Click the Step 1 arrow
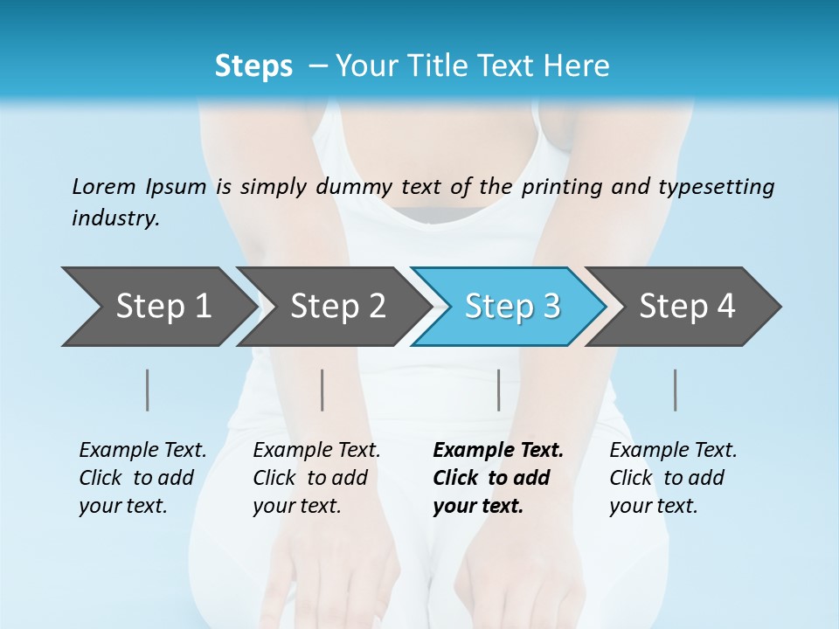click(162, 307)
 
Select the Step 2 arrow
click(336, 307)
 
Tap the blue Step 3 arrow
click(511, 307)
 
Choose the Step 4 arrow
click(686, 307)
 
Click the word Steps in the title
click(253, 66)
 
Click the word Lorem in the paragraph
click(104, 186)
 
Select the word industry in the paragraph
click(114, 218)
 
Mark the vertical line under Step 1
click(148, 390)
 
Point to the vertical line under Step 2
click(322, 390)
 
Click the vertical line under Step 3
click(498, 390)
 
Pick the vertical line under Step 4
click(675, 390)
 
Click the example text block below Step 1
click(142, 478)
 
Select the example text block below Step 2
click(316, 478)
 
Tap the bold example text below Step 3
click(498, 478)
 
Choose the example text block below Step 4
click(673, 478)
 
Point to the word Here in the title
click(576, 66)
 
